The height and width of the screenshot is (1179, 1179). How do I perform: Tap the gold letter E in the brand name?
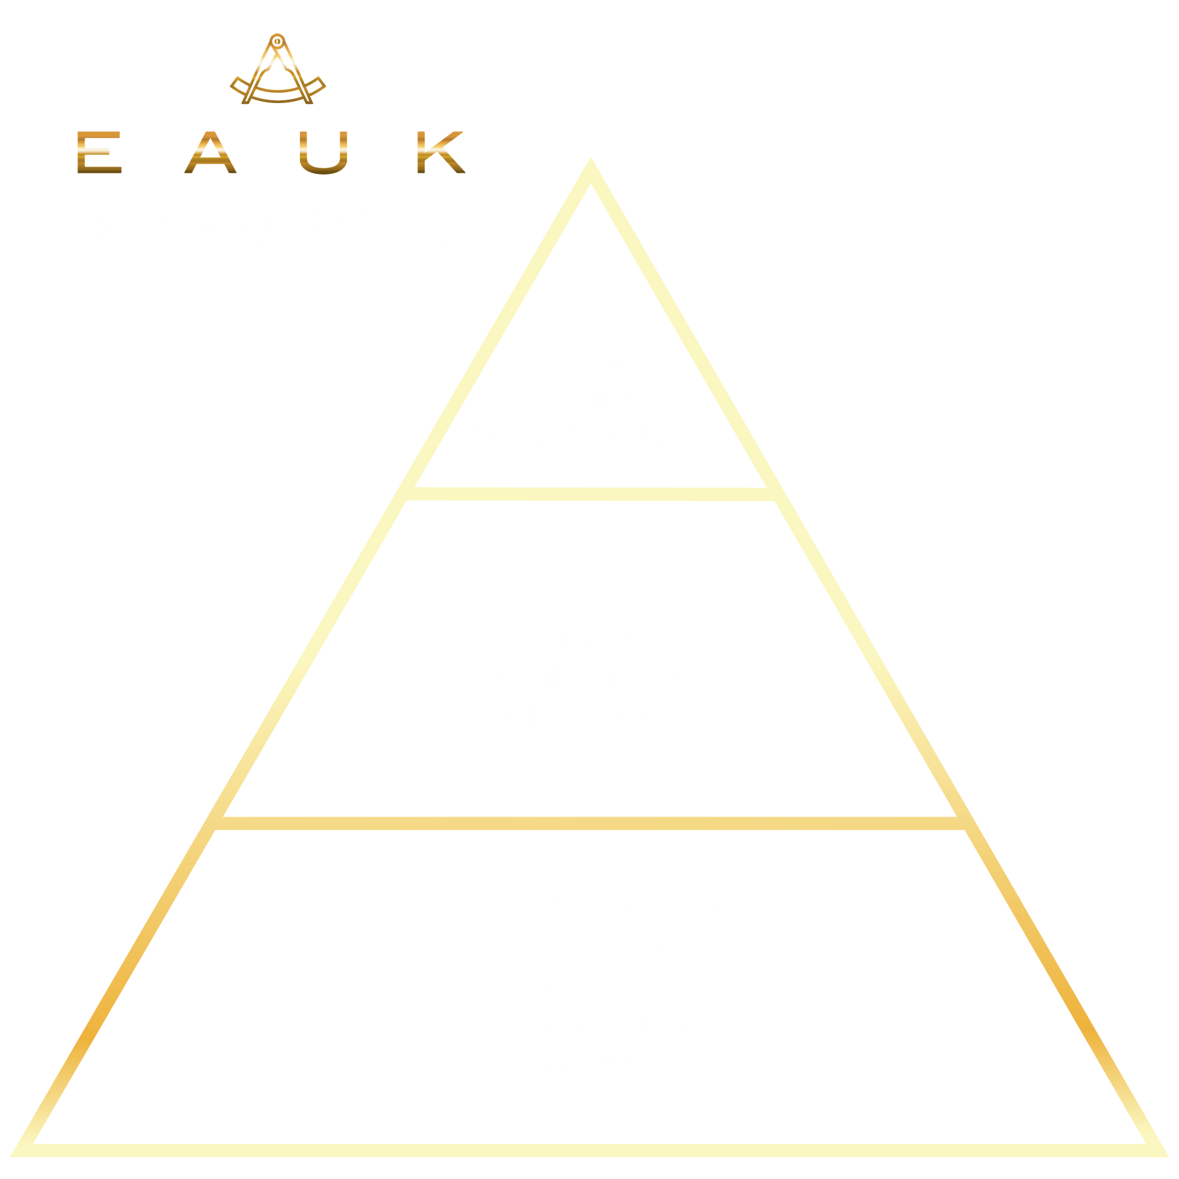[x=99, y=152]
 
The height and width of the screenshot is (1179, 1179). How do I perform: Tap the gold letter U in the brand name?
[x=324, y=152]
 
